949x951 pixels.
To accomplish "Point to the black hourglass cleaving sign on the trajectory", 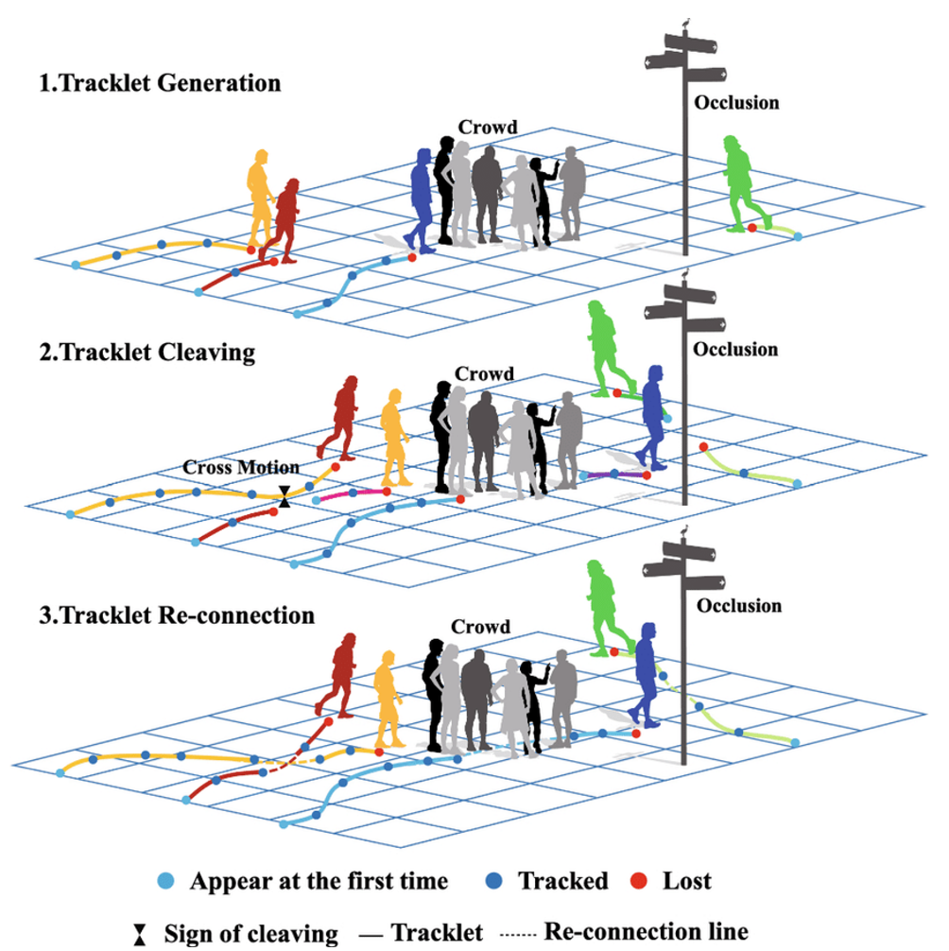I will [285, 494].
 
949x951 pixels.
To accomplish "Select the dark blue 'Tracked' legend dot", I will [498, 881].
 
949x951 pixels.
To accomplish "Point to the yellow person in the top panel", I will [259, 196].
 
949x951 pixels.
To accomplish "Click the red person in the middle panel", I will [340, 416].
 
